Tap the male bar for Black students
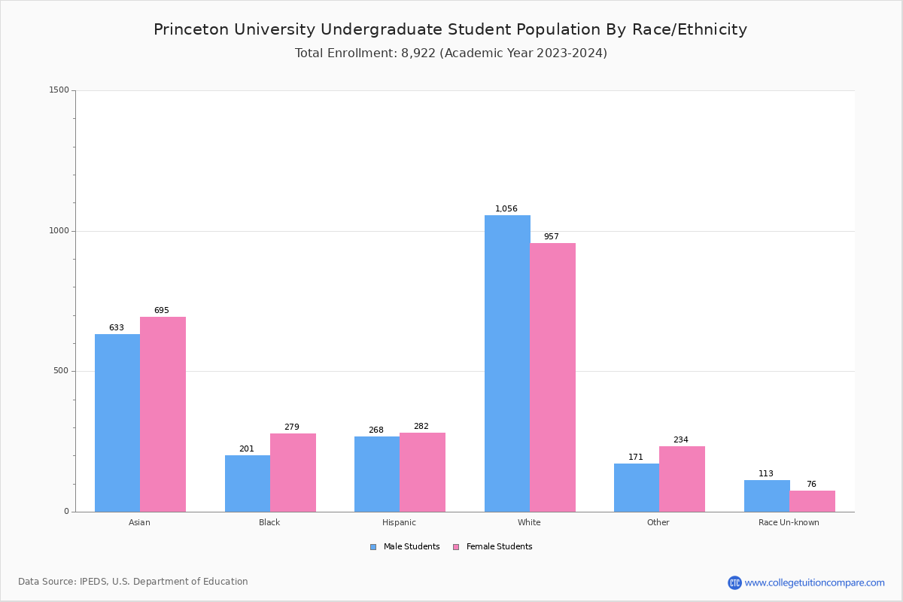tap(248, 483)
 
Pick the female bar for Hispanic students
tap(422, 472)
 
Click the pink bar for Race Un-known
tap(812, 501)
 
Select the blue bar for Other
tap(637, 488)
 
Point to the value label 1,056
tap(506, 208)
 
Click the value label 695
tap(162, 310)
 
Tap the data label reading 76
tap(811, 484)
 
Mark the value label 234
tap(681, 439)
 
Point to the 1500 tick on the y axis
tap(59, 90)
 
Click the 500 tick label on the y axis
tap(62, 371)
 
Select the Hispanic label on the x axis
tap(399, 522)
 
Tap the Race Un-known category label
tap(789, 522)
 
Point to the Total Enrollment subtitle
tap(451, 53)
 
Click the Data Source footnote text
tap(133, 582)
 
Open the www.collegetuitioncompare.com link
tap(814, 582)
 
